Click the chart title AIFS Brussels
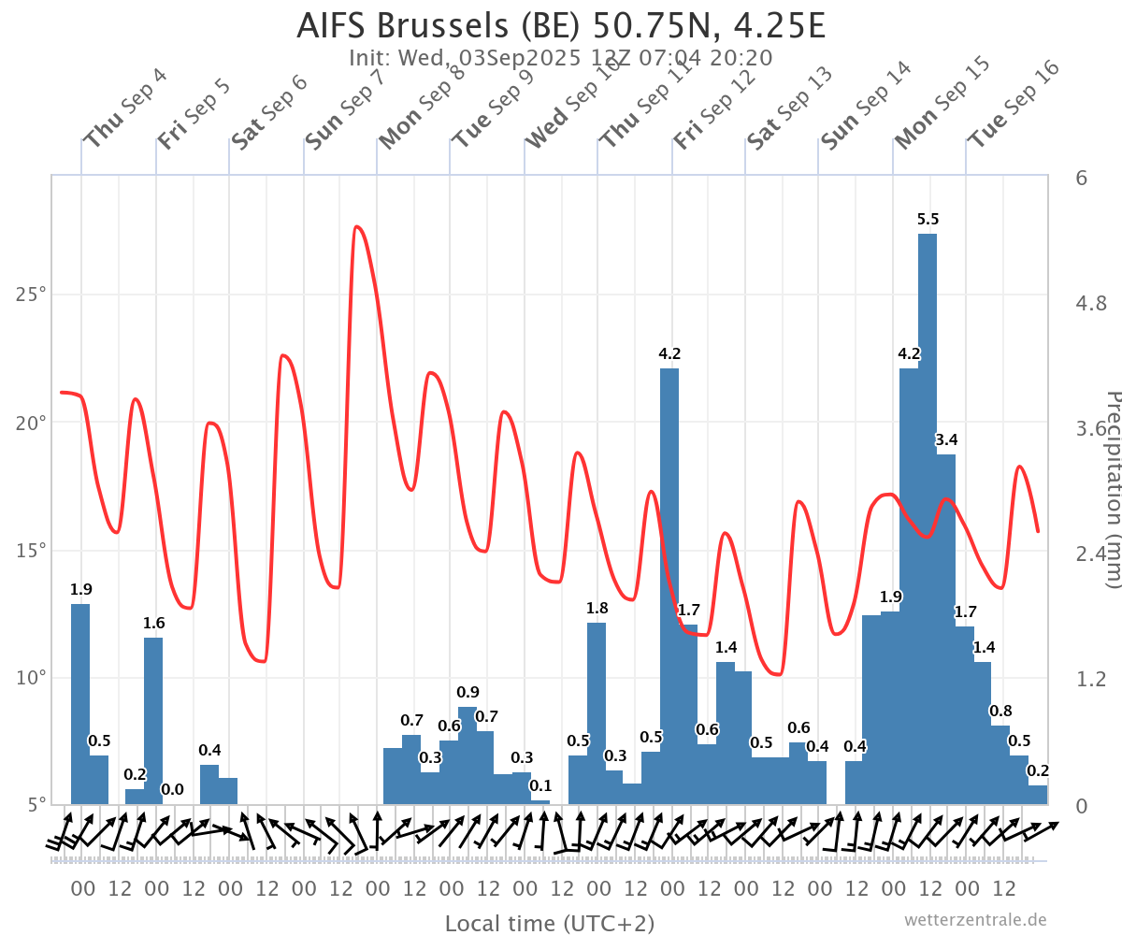[x=561, y=25]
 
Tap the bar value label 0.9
[x=468, y=693]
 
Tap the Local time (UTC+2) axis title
[x=549, y=924]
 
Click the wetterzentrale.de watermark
[x=975, y=920]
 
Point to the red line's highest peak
[x=356, y=227]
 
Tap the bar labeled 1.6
[x=153, y=720]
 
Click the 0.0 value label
[x=172, y=790]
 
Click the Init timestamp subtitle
[x=561, y=58]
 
